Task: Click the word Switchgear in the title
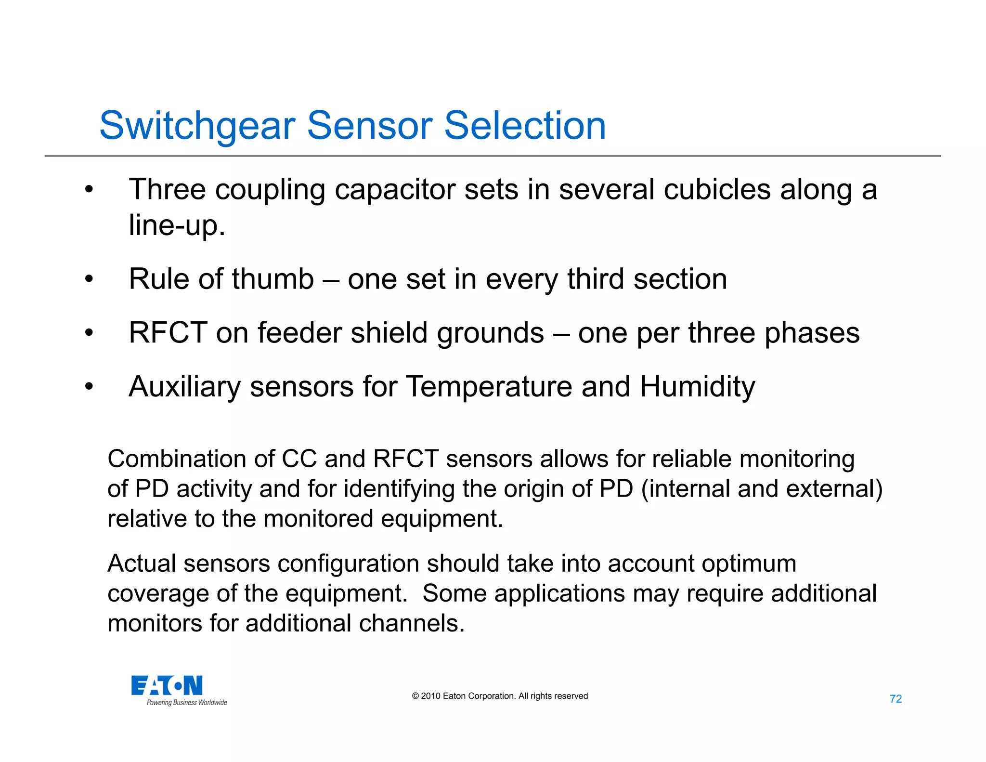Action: [197, 126]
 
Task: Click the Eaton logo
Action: [167, 685]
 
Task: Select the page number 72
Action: [895, 699]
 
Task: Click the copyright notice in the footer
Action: [500, 696]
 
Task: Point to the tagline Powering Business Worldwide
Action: [187, 703]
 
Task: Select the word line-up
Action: [176, 225]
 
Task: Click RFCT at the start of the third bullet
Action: [168, 333]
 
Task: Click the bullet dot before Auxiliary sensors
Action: [89, 387]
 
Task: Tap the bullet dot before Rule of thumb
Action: [89, 279]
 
